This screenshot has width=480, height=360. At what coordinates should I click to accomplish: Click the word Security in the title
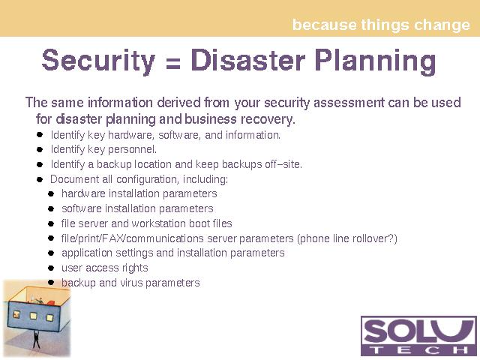98,61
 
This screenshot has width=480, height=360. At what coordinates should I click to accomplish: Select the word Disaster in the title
247,59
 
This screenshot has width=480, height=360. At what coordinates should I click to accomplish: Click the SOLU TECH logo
418,336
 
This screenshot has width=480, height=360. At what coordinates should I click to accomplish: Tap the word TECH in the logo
418,349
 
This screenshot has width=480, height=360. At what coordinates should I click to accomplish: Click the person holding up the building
36,340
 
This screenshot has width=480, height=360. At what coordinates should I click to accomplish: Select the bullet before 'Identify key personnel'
40,149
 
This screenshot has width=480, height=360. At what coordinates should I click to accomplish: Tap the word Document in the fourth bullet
74,179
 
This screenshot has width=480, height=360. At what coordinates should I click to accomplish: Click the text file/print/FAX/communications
132,238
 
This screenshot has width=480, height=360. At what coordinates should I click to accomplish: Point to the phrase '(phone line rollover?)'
347,238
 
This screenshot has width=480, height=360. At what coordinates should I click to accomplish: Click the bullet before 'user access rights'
51,268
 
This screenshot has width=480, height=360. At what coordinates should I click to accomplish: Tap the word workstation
158,223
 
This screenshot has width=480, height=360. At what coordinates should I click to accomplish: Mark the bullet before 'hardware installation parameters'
51,193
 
